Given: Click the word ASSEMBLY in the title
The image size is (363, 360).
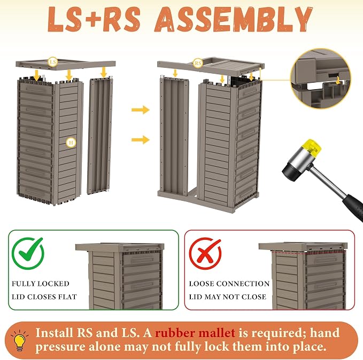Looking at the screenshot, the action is tap(234, 19).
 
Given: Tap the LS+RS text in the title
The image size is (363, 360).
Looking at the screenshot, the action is tap(94, 19).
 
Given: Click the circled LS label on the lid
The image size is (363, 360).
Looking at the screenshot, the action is tap(52, 62).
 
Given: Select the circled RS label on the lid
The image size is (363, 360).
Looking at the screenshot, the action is tap(198, 63).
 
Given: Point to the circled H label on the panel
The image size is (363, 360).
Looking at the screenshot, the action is tap(71, 142).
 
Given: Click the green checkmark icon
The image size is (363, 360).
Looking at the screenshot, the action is tap(28, 253).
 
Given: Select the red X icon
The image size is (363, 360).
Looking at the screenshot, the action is tap(205, 253).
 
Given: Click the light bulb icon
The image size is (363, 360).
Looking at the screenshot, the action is tap(20, 340).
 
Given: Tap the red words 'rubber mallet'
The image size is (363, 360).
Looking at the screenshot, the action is tap(195, 333).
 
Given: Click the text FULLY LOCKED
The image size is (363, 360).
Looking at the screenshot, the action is tap(41, 284).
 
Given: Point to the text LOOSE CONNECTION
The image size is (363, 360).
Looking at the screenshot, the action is tap(229, 284).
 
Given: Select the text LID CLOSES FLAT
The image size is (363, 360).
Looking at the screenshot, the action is tap(44, 296).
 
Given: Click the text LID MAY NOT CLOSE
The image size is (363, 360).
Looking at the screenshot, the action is tap(228, 296).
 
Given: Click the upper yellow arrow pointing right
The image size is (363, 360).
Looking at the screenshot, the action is tap(140, 109).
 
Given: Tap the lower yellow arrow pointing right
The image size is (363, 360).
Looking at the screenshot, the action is tap(140, 139).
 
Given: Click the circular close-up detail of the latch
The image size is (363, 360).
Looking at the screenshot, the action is tap(321, 79).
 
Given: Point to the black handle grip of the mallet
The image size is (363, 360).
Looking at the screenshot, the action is tap(353, 208).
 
